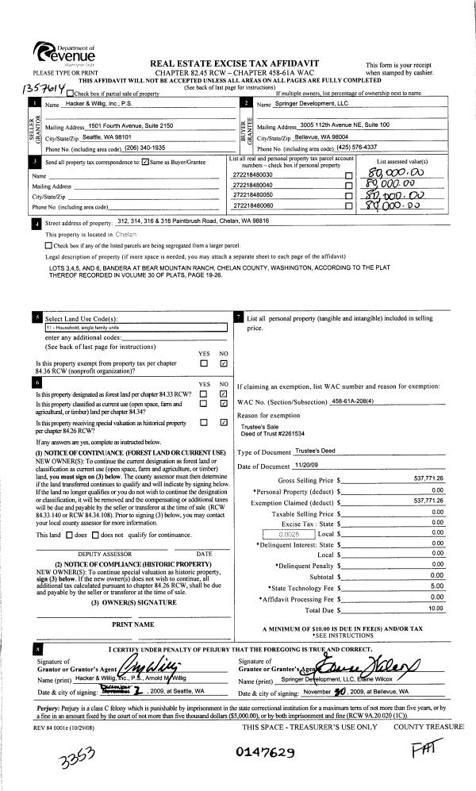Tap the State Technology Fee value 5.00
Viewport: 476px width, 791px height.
[x=436, y=586]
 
